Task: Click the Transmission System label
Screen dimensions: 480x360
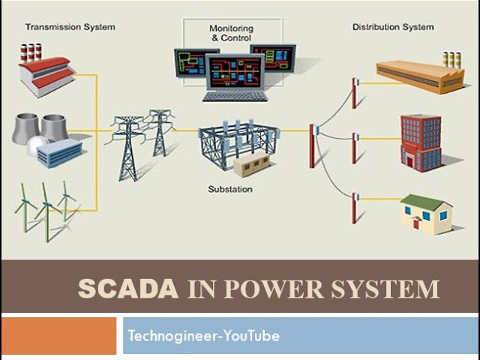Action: click(70, 27)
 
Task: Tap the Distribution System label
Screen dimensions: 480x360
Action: click(393, 27)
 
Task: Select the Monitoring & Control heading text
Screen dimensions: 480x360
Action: click(232, 33)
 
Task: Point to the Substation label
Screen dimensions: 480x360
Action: click(230, 189)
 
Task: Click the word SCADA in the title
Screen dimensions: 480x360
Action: click(128, 289)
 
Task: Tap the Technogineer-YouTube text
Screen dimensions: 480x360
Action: click(204, 336)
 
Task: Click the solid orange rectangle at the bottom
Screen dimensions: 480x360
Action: click(58, 336)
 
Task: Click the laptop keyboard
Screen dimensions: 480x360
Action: click(235, 97)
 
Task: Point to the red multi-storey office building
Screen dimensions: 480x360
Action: click(421, 143)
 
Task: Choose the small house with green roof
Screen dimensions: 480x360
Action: click(426, 214)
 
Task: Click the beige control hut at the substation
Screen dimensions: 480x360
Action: click(252, 165)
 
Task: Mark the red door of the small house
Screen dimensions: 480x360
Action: click(416, 223)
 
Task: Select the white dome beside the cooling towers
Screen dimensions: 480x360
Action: click(37, 145)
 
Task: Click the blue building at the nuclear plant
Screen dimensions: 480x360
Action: click(59, 153)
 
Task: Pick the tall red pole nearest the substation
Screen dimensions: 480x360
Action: click(312, 146)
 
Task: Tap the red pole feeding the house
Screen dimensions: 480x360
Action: click(354, 208)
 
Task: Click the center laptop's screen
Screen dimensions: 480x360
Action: click(235, 72)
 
